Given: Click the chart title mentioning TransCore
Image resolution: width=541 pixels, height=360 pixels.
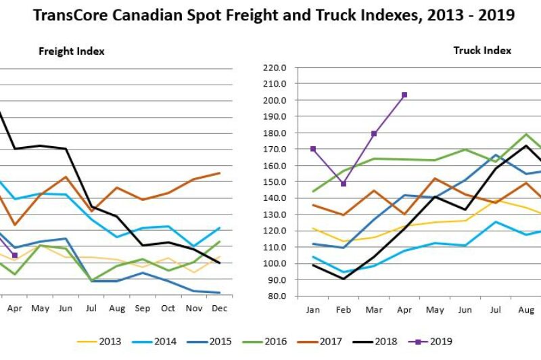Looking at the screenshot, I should point(270,14).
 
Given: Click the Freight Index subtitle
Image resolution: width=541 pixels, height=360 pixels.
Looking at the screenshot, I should point(71,51).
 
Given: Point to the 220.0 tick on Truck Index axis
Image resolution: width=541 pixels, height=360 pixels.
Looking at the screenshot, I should point(275,68).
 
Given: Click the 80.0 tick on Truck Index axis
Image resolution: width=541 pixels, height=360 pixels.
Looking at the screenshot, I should point(277,296).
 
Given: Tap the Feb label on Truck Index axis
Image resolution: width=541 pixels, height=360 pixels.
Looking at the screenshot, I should point(344,308).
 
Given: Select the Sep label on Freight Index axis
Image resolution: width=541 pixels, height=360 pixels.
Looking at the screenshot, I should point(142,308).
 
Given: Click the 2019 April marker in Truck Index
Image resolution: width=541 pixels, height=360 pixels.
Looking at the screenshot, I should point(404,95).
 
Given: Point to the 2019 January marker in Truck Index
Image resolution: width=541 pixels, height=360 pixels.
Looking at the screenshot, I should point(313,149).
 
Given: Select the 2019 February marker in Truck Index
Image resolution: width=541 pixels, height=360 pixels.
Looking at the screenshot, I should point(344,183).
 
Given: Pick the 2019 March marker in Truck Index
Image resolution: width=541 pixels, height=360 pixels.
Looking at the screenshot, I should point(374,134).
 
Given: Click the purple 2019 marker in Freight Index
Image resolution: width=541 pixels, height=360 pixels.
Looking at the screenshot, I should point(15,255).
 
